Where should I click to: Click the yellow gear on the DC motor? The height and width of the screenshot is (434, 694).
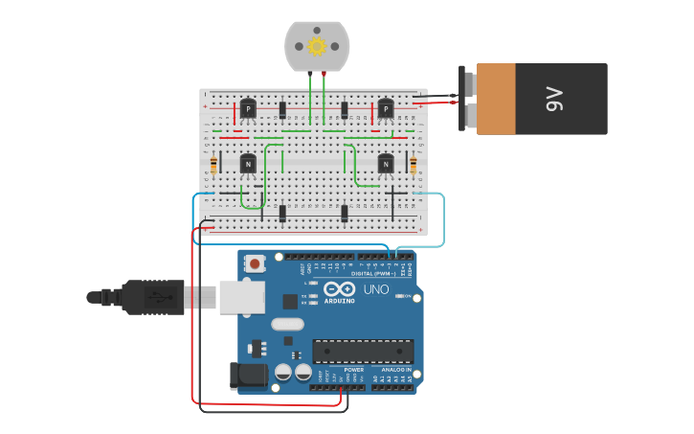click(x=317, y=45)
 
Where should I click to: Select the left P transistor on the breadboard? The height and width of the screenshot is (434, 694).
click(x=248, y=109)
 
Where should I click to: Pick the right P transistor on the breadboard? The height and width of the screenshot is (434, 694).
click(x=386, y=109)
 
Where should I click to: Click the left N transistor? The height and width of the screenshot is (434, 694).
click(x=248, y=164)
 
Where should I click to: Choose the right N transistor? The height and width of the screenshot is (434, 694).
click(x=386, y=164)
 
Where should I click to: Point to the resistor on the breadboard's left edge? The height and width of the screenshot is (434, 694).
click(x=213, y=167)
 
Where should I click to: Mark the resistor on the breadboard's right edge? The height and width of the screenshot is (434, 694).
click(x=414, y=166)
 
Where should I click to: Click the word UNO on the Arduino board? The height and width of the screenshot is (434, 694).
click(x=375, y=289)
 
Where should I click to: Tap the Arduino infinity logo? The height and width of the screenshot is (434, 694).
click(x=339, y=288)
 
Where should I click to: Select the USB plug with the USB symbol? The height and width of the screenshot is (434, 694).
click(x=153, y=297)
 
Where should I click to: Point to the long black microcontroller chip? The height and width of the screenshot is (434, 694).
click(x=363, y=352)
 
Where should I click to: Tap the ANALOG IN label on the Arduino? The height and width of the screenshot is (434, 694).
click(x=396, y=370)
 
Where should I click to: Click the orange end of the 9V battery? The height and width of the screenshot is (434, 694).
click(x=496, y=99)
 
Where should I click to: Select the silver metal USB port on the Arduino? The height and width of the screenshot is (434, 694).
click(x=242, y=297)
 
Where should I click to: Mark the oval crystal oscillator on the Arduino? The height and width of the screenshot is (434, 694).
click(x=287, y=324)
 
